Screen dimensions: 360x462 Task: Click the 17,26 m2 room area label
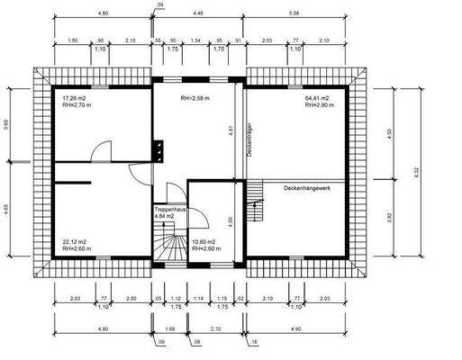click(75, 96)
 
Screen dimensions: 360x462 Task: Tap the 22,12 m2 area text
click(75, 241)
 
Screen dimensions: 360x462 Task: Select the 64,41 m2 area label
click(318, 96)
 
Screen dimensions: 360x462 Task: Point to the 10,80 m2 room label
click(206, 241)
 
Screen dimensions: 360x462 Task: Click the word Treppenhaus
click(168, 209)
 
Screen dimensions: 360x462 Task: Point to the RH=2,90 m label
click(319, 104)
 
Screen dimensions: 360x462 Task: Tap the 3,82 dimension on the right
click(389, 215)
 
